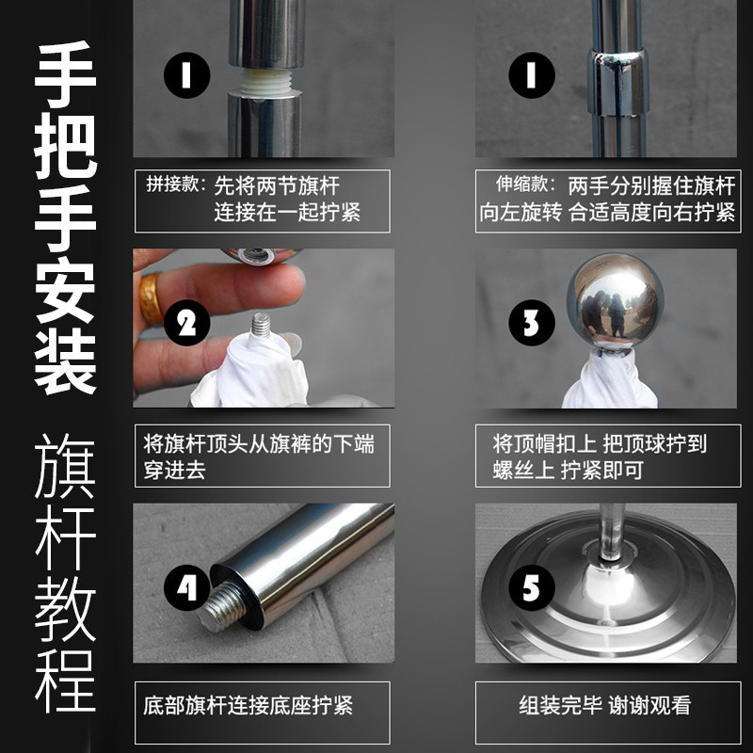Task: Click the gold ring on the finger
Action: pyautogui.click(x=151, y=298)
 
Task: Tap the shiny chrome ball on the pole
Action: pyautogui.click(x=616, y=300)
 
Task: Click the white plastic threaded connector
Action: pyautogui.click(x=264, y=81)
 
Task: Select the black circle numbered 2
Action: pyautogui.click(x=186, y=323)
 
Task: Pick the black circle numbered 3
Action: pyautogui.click(x=532, y=323)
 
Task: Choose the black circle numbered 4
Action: pyautogui.click(x=186, y=587)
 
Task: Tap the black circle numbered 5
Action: pyautogui.click(x=532, y=587)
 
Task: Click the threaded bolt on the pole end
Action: pyautogui.click(x=224, y=606)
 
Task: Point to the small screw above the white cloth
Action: pyautogui.click(x=262, y=325)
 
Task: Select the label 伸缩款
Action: pyautogui.click(x=521, y=184)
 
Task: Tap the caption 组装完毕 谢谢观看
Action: pyautogui.click(x=605, y=705)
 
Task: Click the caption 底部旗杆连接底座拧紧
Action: pyautogui.click(x=248, y=705)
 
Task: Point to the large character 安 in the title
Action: pyautogui.click(x=65, y=290)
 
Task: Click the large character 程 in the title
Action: pyautogui.click(x=65, y=681)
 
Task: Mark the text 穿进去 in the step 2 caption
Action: pyautogui.click(x=175, y=470)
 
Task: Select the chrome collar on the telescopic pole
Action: pyautogui.click(x=617, y=82)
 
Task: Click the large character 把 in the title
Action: pyautogui.click(x=65, y=146)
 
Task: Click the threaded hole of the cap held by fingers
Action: pyautogui.click(x=257, y=254)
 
